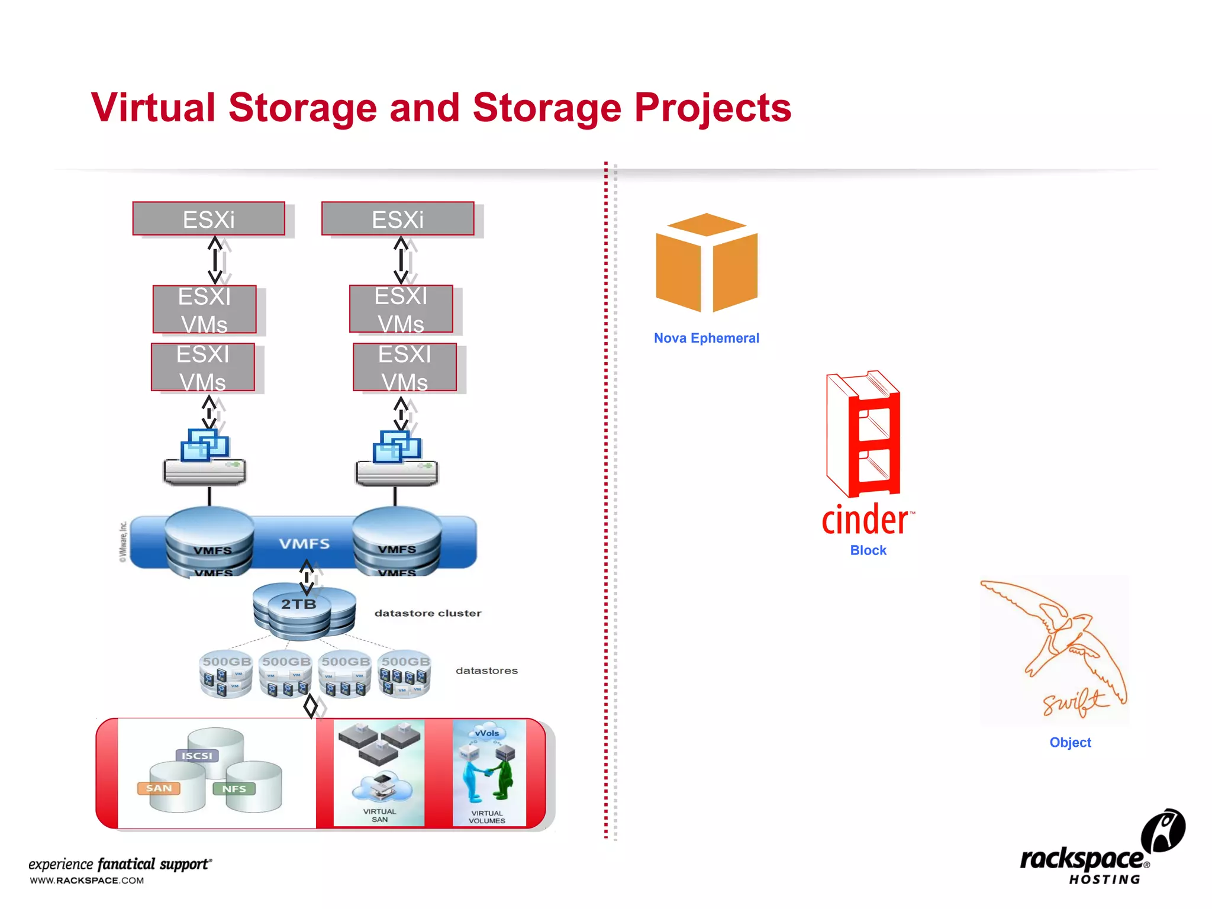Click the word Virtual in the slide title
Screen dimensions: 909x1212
(153, 108)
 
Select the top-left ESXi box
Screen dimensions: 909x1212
(208, 220)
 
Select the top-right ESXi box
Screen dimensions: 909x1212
(397, 220)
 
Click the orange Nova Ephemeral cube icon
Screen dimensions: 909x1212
(707, 263)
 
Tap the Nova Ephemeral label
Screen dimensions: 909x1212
(706, 338)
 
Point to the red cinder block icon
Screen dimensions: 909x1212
(865, 435)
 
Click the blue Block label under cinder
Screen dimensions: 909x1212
(868, 550)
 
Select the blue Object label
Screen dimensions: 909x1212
(1070, 742)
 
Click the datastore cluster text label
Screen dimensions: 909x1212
(427, 613)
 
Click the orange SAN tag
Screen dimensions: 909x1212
(159, 788)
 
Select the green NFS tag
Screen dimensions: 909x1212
(234, 789)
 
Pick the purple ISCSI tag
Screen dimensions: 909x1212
(196, 756)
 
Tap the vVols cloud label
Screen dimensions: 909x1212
(487, 733)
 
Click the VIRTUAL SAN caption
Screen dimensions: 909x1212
(379, 815)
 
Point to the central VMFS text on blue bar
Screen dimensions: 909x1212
(304, 543)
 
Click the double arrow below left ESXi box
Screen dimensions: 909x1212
(215, 260)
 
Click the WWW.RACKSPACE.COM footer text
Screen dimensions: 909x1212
(87, 881)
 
